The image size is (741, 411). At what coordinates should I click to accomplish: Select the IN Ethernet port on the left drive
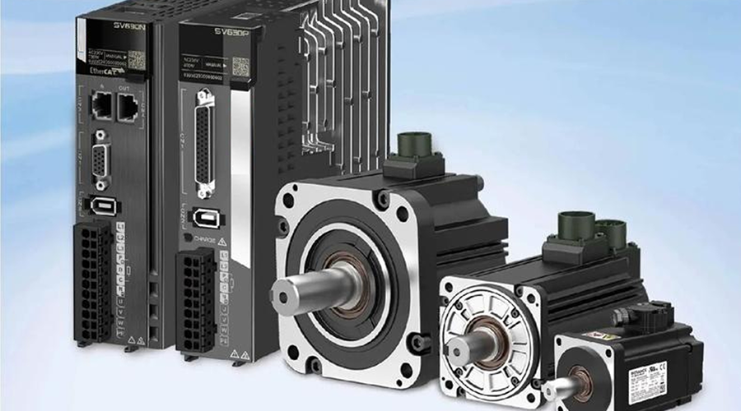point(103,104)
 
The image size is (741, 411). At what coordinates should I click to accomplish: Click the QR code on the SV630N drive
point(136,59)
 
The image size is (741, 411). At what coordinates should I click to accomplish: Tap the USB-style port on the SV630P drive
point(203,218)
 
